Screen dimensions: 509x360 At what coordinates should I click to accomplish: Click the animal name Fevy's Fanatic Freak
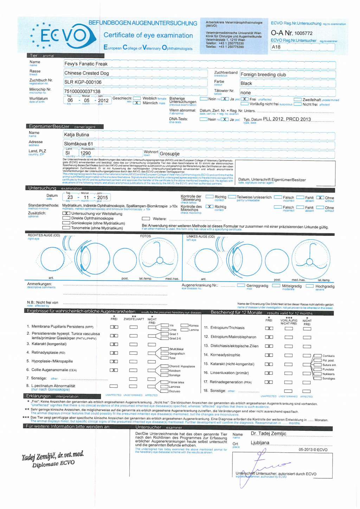pos(86,64)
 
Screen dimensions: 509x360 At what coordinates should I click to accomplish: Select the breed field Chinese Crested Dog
pos(86,73)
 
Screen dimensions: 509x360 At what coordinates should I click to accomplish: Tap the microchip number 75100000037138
pos(82,91)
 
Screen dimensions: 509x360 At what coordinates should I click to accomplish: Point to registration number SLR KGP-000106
pos(83,82)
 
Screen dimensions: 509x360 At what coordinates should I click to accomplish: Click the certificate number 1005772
pos(303,33)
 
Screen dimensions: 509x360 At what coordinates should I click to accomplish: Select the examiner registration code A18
pos(276,47)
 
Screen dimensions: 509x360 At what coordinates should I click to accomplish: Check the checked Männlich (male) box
pos(137,103)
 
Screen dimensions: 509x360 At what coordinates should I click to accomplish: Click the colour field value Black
pos(246,84)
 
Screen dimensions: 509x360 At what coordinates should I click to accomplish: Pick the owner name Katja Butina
pos(76,135)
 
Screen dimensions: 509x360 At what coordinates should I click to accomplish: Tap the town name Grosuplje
pos(169,154)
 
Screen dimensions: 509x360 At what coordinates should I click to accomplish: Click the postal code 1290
pos(85,153)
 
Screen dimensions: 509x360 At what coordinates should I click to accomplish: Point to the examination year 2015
pos(103,198)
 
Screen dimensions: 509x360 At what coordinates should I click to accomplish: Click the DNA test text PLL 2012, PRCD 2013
pos(287,119)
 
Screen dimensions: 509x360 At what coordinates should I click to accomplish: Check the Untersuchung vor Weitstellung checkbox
pos(66,213)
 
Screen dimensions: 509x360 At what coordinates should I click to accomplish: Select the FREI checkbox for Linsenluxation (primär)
pos(269,373)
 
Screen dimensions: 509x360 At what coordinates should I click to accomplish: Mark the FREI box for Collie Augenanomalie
pos(114,370)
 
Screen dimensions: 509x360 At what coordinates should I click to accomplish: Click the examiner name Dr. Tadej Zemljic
pos(269,434)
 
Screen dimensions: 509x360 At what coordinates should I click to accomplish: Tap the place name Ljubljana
pos(260,443)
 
